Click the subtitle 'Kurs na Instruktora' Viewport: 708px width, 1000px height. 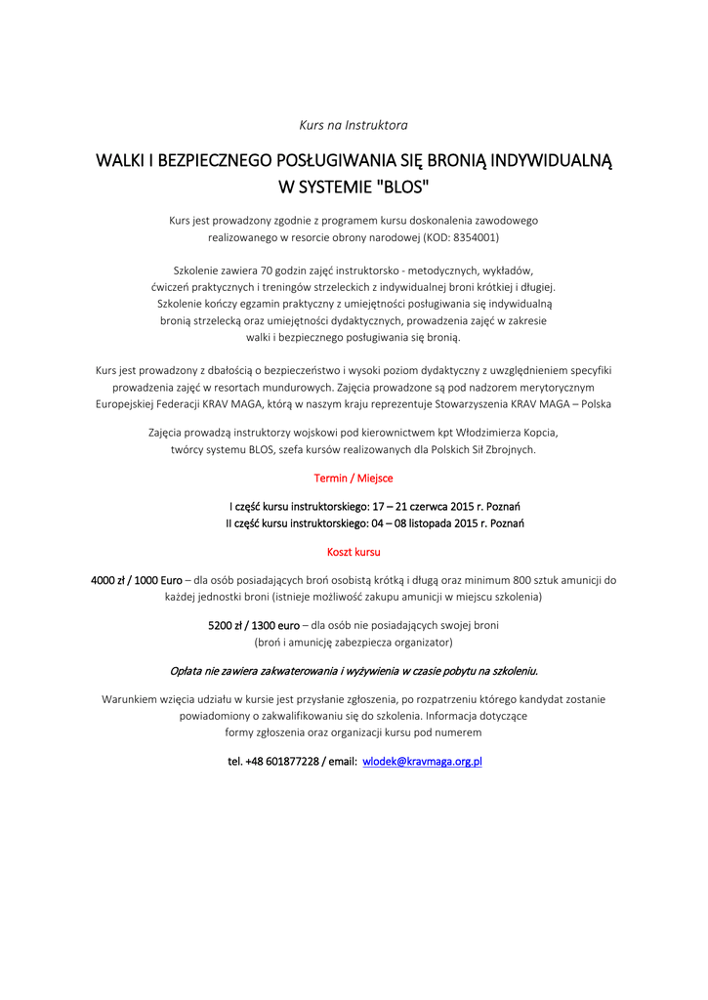point(353,125)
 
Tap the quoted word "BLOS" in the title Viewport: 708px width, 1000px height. point(402,186)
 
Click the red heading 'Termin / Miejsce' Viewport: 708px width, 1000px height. point(353,479)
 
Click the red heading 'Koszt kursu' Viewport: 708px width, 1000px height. point(354,552)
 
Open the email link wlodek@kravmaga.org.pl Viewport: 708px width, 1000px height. point(423,761)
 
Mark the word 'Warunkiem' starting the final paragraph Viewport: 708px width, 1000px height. point(132,699)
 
